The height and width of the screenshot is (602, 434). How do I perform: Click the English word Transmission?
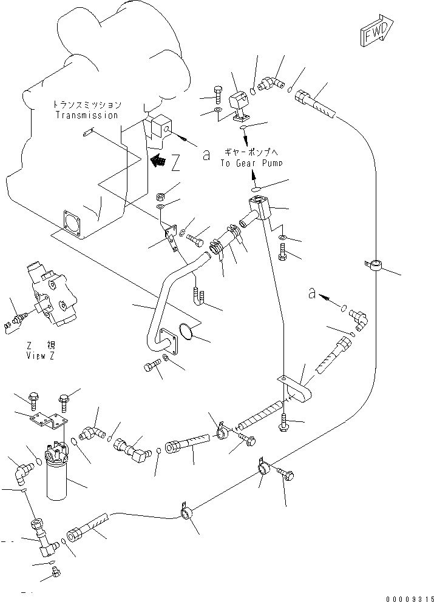tap(86, 115)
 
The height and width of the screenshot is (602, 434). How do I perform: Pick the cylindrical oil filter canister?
tap(63, 474)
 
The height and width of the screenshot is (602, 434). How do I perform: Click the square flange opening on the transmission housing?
tap(73, 221)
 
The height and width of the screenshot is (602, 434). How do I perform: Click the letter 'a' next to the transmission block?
tap(206, 156)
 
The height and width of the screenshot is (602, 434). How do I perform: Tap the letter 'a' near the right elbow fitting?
tap(311, 293)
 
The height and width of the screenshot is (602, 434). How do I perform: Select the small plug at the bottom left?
tap(56, 571)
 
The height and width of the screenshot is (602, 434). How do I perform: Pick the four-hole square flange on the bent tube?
tap(166, 341)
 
